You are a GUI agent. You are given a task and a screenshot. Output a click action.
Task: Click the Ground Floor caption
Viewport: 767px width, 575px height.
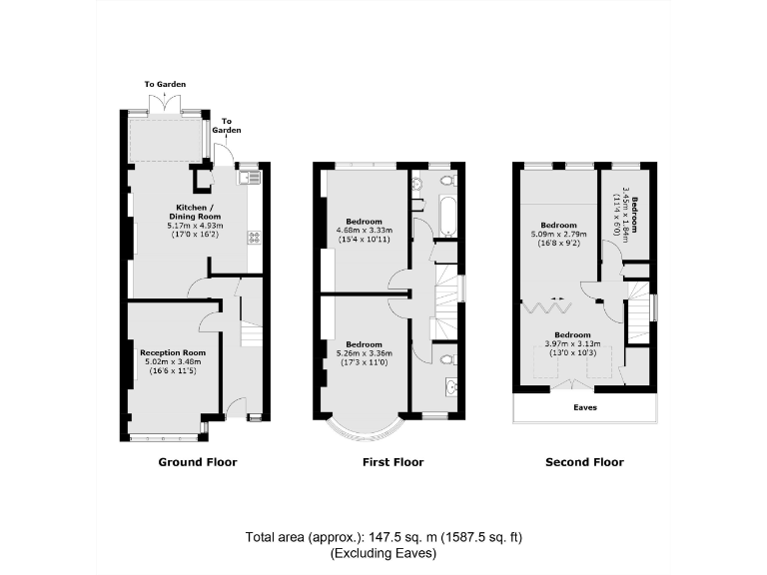(x=198, y=462)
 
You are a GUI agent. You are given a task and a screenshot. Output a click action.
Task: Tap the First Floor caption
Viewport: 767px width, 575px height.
(x=392, y=462)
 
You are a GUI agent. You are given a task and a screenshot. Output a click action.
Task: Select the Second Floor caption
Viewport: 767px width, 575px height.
(x=584, y=462)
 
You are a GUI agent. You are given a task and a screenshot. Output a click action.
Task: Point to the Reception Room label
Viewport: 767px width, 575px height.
(x=173, y=352)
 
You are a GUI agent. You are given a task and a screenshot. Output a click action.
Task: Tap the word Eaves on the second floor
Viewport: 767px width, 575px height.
(x=585, y=407)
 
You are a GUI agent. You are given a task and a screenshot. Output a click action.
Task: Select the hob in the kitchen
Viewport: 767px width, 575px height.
(x=254, y=237)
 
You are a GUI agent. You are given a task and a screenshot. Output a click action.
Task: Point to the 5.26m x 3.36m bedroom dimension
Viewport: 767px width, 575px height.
(x=366, y=352)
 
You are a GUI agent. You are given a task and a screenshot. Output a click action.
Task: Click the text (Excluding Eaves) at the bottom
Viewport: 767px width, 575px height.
(x=383, y=552)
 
